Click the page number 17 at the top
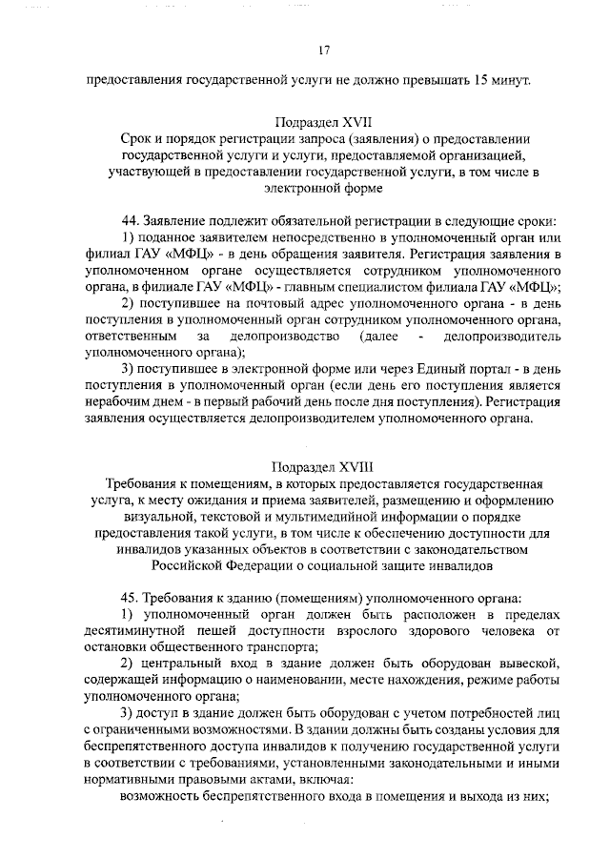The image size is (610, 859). pos(324,50)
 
